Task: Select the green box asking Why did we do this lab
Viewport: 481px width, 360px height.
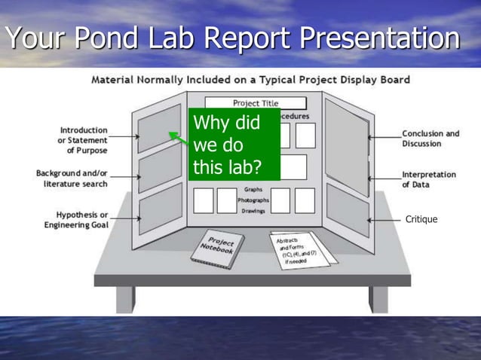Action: click(x=234, y=145)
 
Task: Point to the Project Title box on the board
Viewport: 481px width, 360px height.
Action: click(x=255, y=103)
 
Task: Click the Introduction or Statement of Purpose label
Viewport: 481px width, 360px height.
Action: click(x=81, y=140)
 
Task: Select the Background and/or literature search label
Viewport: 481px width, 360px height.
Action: click(x=72, y=178)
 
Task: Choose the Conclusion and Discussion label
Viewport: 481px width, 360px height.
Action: click(x=430, y=139)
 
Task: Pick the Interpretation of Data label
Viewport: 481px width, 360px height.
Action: click(x=428, y=179)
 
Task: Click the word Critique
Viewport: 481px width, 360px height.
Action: click(x=421, y=219)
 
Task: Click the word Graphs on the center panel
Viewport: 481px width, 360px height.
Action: click(x=253, y=190)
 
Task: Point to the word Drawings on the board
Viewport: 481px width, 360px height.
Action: click(x=253, y=211)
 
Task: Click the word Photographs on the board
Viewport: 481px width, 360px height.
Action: click(x=253, y=200)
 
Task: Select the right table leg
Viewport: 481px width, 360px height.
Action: click(x=378, y=298)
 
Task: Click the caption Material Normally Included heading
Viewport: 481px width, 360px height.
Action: click(x=250, y=80)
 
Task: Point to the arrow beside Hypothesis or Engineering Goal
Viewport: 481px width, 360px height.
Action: click(x=125, y=218)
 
